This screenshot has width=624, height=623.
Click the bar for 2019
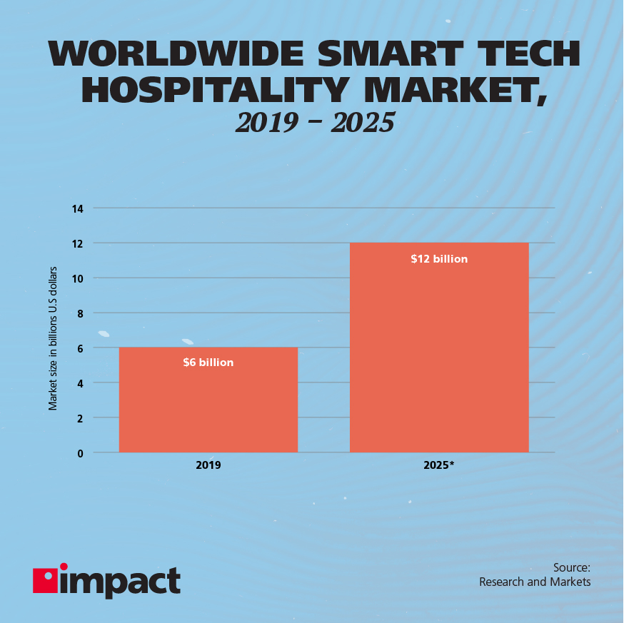(x=208, y=400)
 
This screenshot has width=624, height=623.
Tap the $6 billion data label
(x=208, y=363)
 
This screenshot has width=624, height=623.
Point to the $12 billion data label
(x=439, y=259)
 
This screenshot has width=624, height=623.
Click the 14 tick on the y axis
(x=77, y=208)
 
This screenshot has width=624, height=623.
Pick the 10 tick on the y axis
(x=77, y=278)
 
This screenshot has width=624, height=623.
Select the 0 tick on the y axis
(x=79, y=452)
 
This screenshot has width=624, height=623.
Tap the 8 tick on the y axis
(x=79, y=313)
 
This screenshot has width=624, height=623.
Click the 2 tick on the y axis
(x=79, y=417)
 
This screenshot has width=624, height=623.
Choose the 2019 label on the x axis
(x=208, y=465)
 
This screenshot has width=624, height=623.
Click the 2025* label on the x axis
(x=440, y=465)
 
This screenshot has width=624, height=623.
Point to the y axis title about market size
(x=53, y=340)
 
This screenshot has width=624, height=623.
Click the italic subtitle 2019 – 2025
(x=314, y=123)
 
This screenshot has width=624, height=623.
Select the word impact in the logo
(x=121, y=581)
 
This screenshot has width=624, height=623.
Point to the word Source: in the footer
(x=571, y=568)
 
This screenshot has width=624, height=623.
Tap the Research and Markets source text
(x=535, y=582)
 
